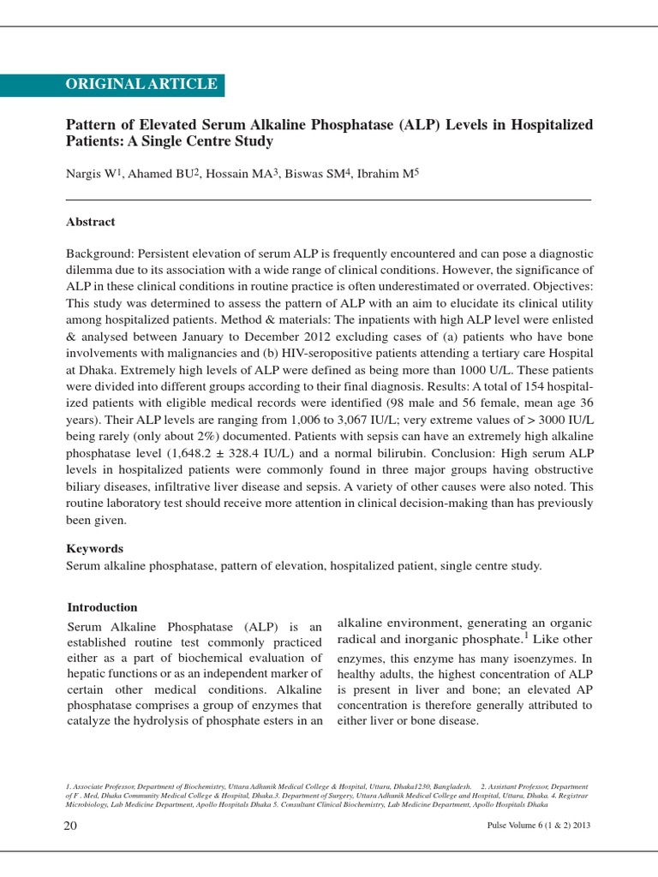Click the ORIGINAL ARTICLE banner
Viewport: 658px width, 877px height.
(141, 84)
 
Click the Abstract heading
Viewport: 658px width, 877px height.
(91, 222)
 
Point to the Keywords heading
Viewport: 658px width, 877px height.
(95, 548)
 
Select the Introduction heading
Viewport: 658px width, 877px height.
(102, 607)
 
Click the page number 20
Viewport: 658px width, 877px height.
(71, 826)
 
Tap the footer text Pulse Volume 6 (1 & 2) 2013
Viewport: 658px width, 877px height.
(537, 826)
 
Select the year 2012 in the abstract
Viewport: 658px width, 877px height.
(325, 337)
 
